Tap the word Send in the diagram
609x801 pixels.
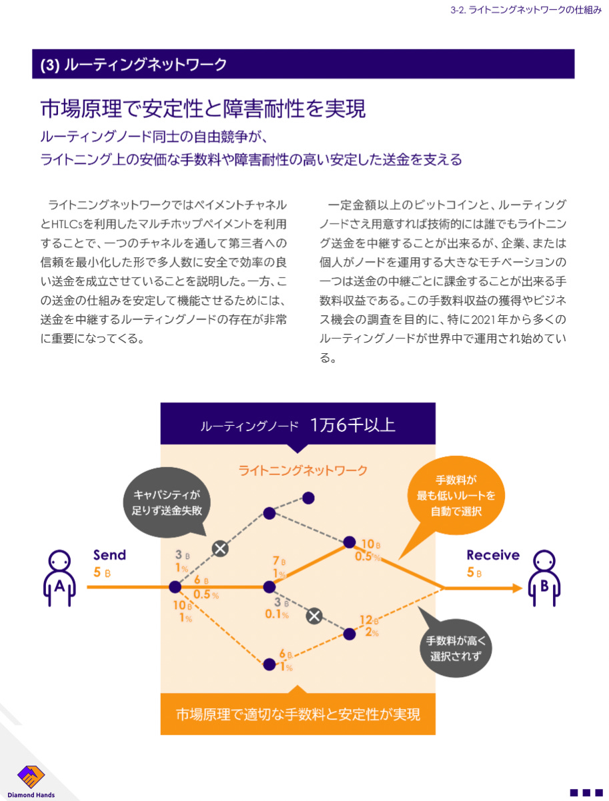109,555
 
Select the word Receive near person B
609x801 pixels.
493,555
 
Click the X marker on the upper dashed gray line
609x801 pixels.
220,548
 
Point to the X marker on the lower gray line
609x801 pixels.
314,615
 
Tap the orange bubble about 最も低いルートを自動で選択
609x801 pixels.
456,496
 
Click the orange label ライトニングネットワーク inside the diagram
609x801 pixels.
303,470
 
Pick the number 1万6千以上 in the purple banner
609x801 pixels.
352,425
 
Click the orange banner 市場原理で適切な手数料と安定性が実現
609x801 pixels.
297,714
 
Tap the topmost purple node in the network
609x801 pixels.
308,497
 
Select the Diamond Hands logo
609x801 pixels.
31,780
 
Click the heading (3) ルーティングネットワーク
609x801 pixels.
133,65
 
